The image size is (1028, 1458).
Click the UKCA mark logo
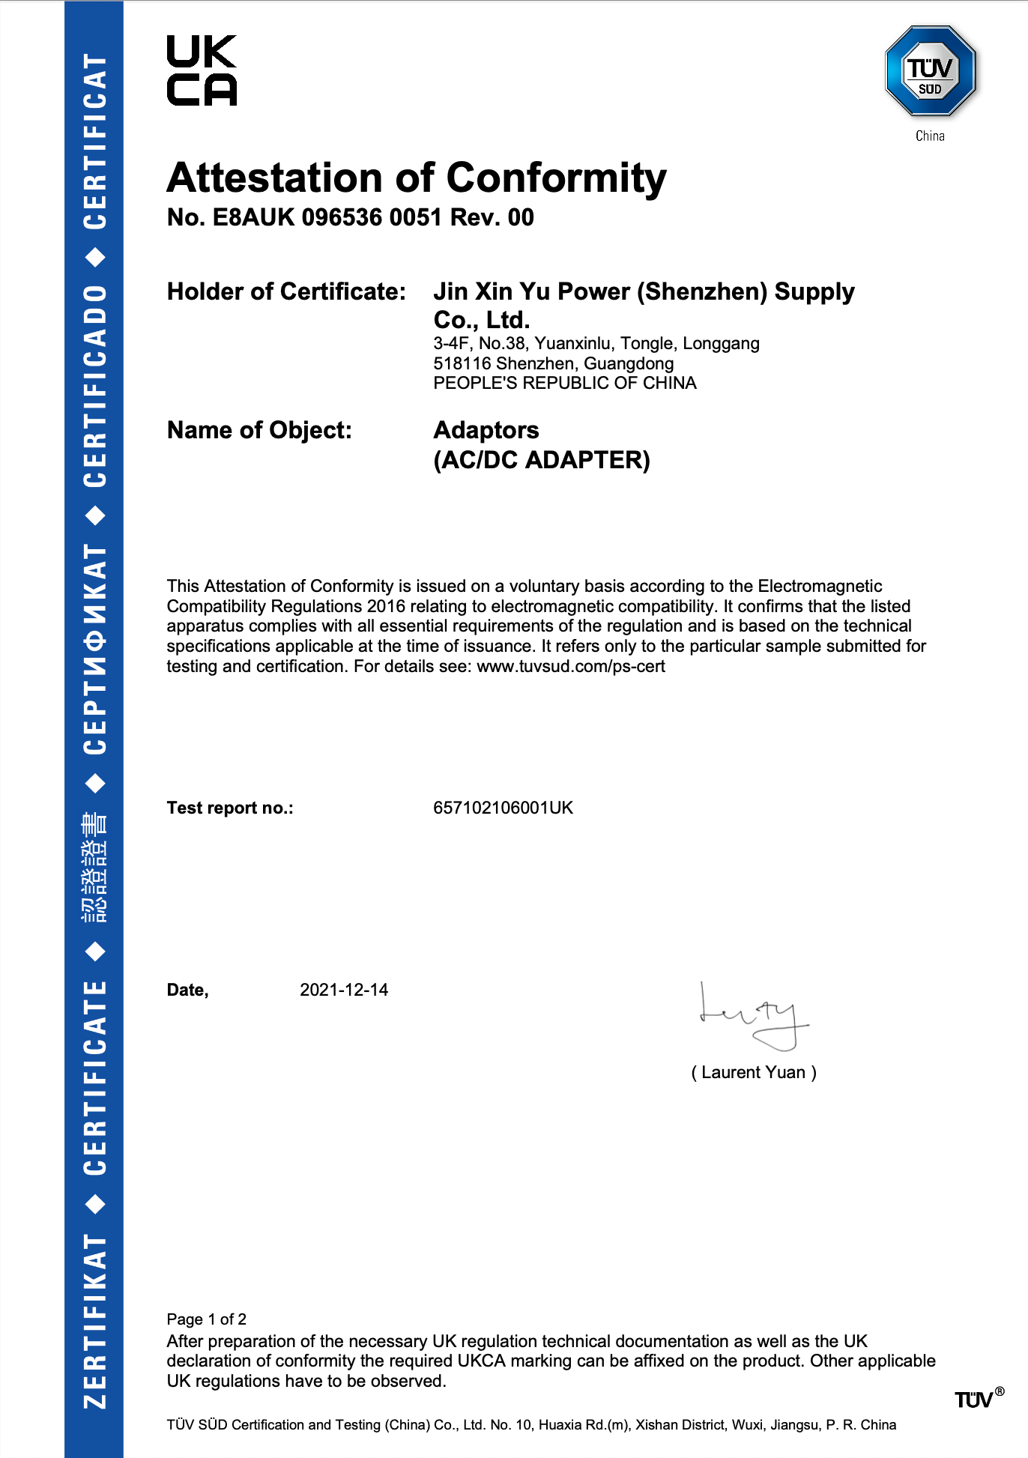point(202,70)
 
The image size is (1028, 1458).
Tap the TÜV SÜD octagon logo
point(930,72)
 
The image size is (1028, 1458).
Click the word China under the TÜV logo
point(930,136)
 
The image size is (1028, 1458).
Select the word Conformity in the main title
point(556,178)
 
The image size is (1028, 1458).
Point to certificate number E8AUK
point(254,217)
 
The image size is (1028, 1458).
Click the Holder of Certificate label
point(286,291)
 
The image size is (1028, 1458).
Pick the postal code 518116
point(462,363)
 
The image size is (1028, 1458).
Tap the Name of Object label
point(259,430)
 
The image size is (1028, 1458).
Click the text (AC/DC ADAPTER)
point(542,459)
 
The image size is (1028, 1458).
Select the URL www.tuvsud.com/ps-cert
point(571,666)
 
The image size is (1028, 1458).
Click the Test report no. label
point(230,808)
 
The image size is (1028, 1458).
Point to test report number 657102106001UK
point(503,808)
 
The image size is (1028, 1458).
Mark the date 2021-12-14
point(344,990)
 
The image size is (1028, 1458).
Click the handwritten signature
point(753,1017)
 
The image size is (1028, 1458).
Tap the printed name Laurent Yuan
point(753,1072)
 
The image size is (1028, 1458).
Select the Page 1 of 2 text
point(206,1319)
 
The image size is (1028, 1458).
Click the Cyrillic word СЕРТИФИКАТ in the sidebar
point(94,650)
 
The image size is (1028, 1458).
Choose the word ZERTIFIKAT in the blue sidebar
point(94,1320)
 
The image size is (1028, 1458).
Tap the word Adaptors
point(486,430)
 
